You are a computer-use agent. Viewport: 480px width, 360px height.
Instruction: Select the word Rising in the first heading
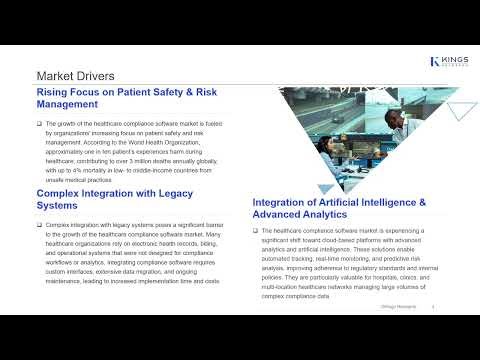tap(55, 92)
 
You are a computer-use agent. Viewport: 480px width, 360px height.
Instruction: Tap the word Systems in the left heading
tap(62, 207)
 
